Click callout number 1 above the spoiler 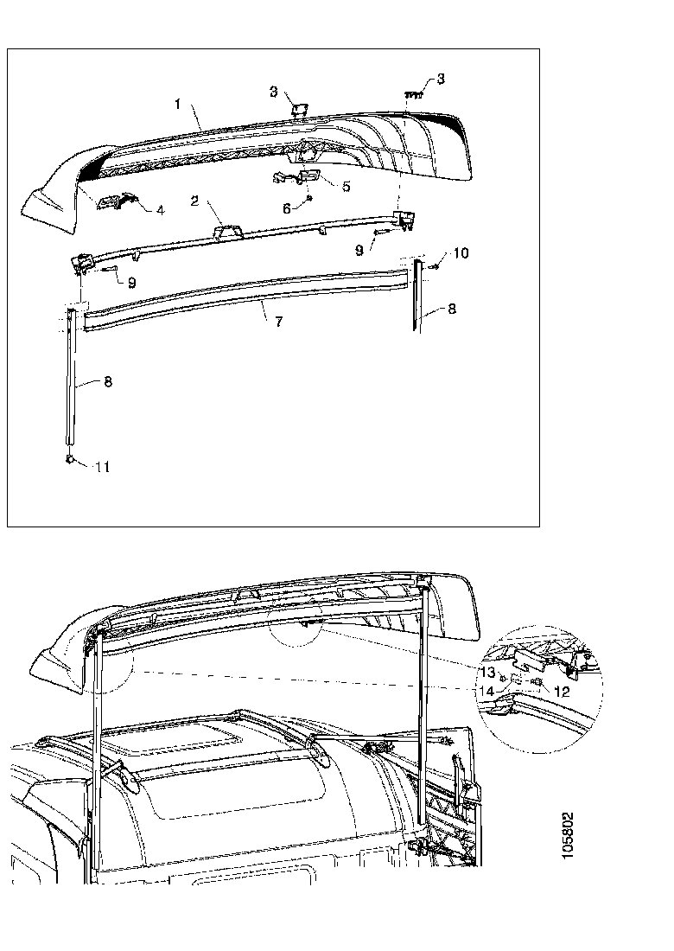pos(177,104)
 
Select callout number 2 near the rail pos(195,201)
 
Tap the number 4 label pos(160,210)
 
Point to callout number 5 pos(346,185)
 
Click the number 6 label pos(288,207)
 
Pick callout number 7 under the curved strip pos(278,322)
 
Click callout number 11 pos(102,467)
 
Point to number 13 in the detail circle pos(489,672)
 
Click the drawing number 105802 pos(568,836)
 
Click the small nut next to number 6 pos(308,198)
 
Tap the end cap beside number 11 pos(68,461)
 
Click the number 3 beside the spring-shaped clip pos(441,80)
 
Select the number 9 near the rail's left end pos(131,282)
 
